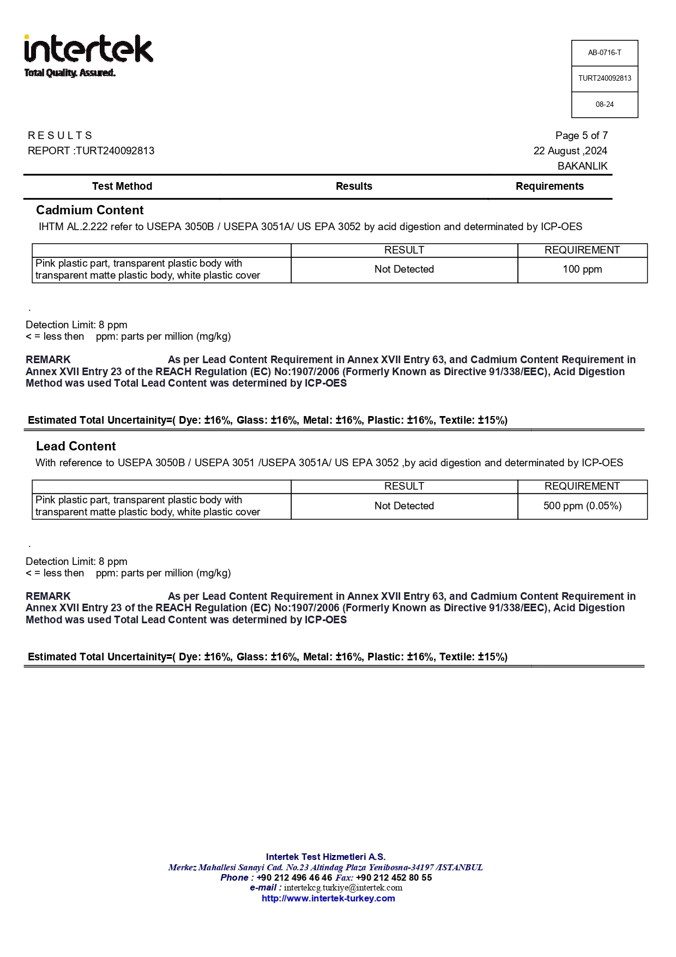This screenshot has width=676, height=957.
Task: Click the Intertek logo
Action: (x=88, y=55)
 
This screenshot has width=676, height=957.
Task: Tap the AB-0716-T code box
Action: (x=604, y=53)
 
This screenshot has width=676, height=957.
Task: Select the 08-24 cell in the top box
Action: (x=604, y=104)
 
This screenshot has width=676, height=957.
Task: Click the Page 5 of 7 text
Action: (x=581, y=135)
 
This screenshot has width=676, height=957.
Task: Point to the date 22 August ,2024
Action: (x=570, y=151)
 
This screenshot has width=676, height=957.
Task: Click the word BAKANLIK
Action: (x=582, y=166)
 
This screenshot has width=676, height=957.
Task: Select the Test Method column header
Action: (x=122, y=186)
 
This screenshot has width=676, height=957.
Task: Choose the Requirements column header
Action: (x=550, y=186)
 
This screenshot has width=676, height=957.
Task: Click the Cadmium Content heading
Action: (x=90, y=210)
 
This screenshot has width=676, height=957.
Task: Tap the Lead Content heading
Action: (x=76, y=446)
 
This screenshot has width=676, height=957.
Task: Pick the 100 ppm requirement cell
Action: (x=582, y=269)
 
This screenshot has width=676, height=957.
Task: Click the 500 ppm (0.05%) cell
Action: (x=582, y=506)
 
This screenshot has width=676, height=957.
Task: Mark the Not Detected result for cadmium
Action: (x=404, y=269)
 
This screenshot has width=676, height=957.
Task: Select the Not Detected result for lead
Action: (x=404, y=506)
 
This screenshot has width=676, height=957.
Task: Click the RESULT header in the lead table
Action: (x=404, y=486)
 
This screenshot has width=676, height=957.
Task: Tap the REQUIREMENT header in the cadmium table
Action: (x=582, y=250)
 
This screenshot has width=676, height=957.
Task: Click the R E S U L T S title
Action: (x=60, y=135)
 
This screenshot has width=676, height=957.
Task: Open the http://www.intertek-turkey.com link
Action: (x=328, y=899)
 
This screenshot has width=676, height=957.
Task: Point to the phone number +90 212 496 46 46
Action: (x=294, y=877)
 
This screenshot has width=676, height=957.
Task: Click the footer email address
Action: (x=343, y=888)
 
